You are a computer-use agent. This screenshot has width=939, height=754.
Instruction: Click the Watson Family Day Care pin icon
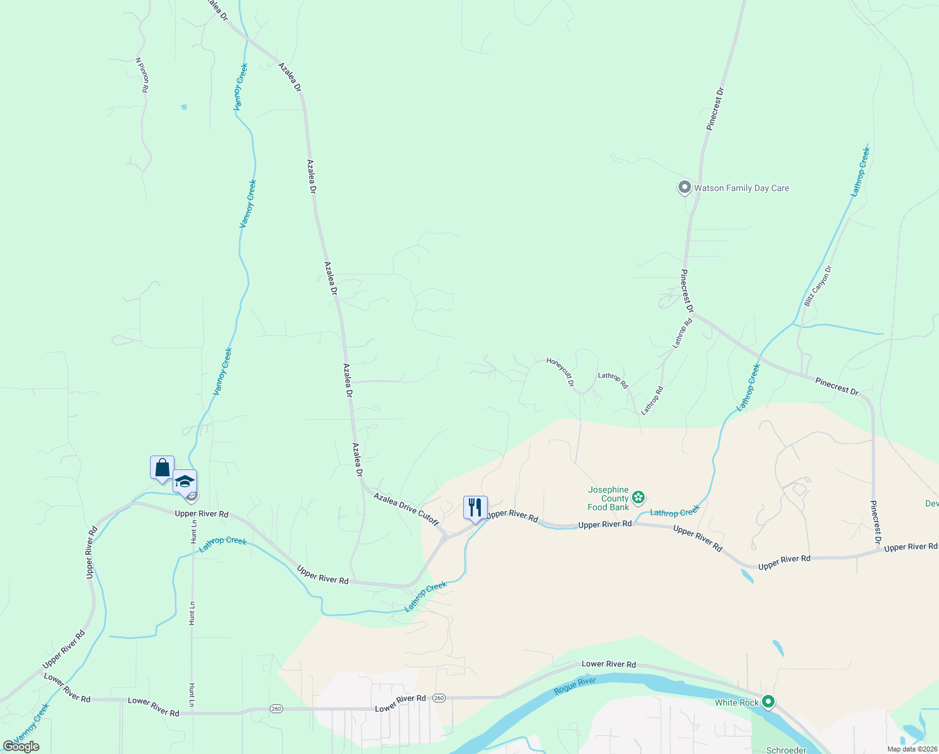(684, 187)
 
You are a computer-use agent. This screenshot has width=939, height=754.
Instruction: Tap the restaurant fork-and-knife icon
(475, 507)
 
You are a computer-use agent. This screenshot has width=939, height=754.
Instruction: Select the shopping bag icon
(162, 467)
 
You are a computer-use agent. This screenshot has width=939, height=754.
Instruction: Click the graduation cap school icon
(185, 482)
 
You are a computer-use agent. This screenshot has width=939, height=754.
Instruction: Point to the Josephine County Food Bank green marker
(638, 498)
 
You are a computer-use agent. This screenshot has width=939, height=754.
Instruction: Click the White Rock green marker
(768, 702)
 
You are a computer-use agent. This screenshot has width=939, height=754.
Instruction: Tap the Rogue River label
(574, 686)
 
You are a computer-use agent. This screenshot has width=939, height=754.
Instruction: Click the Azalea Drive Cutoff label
(406, 509)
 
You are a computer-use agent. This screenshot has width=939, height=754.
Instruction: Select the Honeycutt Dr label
(560, 371)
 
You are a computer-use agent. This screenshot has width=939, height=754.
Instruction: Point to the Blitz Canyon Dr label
(818, 286)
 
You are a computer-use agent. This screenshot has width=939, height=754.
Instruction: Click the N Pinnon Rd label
(142, 75)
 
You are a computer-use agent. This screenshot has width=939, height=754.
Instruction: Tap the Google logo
(21, 746)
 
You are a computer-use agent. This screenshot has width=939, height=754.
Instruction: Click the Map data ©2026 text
(912, 749)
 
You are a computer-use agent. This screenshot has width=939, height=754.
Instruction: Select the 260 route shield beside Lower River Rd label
(439, 698)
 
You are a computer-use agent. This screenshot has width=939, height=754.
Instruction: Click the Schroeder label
(786, 750)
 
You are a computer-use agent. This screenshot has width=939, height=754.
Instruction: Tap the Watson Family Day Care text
(741, 188)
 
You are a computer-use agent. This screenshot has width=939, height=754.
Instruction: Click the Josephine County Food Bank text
(608, 498)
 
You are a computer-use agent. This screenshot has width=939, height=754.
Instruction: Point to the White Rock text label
(737, 702)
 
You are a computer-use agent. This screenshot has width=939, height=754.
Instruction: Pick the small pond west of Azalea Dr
(183, 107)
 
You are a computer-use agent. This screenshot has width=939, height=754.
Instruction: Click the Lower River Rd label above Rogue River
(608, 664)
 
